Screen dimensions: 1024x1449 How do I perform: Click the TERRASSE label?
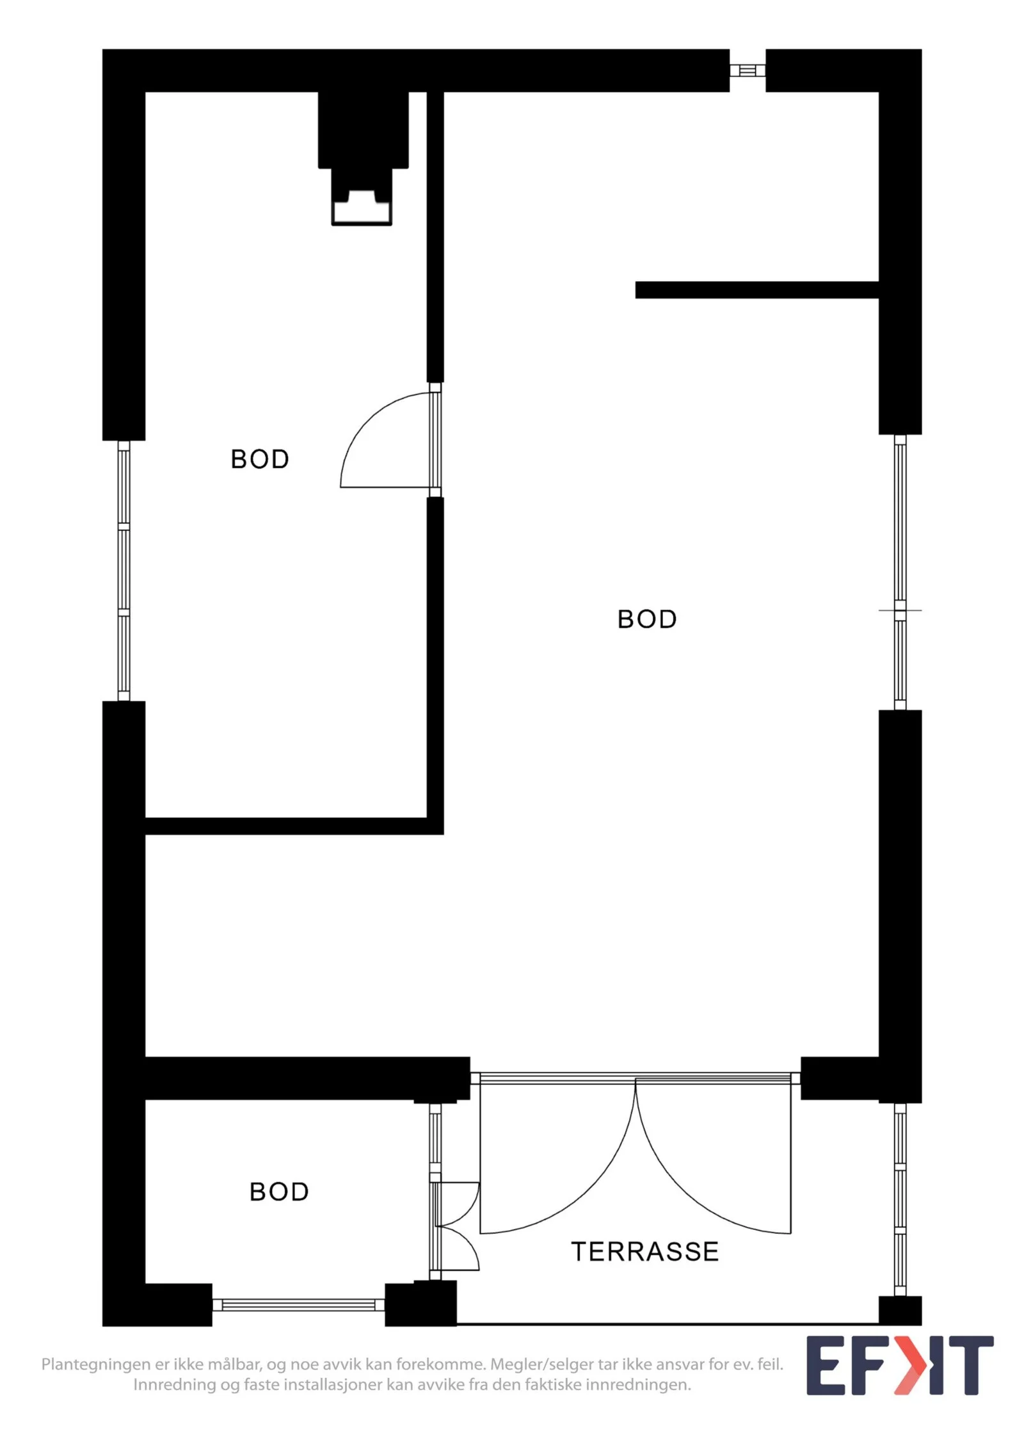pyautogui.click(x=644, y=1251)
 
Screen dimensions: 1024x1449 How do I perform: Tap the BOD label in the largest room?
pyautogui.click(x=647, y=619)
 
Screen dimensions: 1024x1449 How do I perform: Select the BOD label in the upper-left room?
pyautogui.click(x=260, y=459)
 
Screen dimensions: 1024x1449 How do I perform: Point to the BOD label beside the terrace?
pyautogui.click(x=279, y=1192)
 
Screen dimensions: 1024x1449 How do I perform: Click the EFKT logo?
pyautogui.click(x=899, y=1364)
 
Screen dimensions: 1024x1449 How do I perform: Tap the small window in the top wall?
pyautogui.click(x=748, y=70)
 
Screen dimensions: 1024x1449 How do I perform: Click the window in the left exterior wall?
pyautogui.click(x=124, y=571)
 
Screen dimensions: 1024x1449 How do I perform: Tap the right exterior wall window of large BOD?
pyautogui.click(x=900, y=572)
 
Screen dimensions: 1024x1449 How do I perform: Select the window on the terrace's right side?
pyautogui.click(x=900, y=1199)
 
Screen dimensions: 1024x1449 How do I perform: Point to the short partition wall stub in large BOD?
pyautogui.click(x=756, y=290)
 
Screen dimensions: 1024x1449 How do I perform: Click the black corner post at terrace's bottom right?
pyautogui.click(x=900, y=1310)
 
